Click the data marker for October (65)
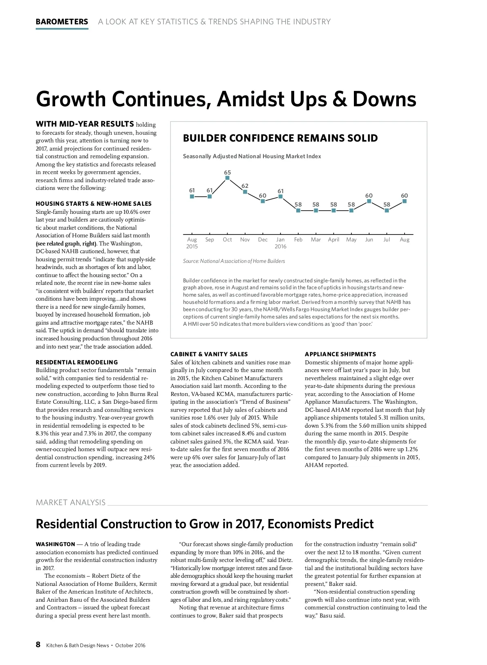pos(227,178)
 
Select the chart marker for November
pos(245,192)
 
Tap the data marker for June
pos(369,201)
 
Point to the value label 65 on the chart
pos(227,172)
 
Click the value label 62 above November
pos(245,186)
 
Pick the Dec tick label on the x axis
pos(263,240)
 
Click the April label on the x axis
pos(334,240)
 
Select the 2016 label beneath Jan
pos(280,247)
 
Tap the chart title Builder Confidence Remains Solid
pos(280,138)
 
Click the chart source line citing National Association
pos(234,261)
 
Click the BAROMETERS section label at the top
pos(62,22)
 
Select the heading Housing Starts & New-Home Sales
pos(93,204)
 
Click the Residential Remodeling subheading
pos(77,362)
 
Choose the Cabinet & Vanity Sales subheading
pos(209,354)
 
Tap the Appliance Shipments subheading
pos(340,354)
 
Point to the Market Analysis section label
pos(71,503)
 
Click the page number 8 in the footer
pos(38,645)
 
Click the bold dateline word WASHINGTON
pos(55,544)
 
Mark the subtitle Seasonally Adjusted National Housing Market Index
pos(252,157)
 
